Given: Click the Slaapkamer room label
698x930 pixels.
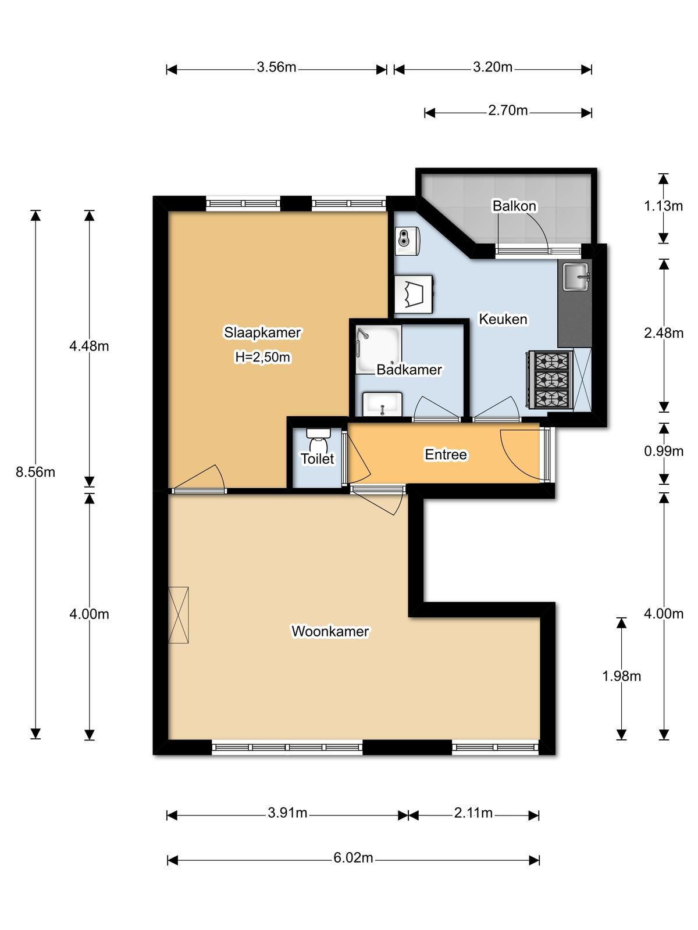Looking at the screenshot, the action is tap(262, 332).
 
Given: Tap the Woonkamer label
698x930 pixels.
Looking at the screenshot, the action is tap(330, 631).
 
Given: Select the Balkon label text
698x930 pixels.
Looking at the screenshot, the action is tap(515, 206).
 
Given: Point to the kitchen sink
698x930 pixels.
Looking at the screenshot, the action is tap(576, 277).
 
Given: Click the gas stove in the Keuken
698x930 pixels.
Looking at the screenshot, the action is tap(551, 380).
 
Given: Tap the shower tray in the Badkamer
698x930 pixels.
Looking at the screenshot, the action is tap(378, 350).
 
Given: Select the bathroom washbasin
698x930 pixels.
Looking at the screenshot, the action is tap(382, 404).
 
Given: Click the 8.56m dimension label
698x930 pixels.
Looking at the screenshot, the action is tap(35, 472).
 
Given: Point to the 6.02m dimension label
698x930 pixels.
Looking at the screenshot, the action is tap(353, 858).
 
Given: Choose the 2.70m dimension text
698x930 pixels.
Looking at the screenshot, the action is tap(508, 110).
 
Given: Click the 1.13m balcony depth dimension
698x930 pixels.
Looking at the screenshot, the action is tap(663, 206).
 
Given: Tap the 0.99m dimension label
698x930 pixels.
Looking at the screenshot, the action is tap(664, 451).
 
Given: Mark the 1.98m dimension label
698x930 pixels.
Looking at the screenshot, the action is tap(621, 676).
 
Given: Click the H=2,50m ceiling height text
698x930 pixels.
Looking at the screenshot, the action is tap(263, 357).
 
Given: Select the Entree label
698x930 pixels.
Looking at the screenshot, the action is tap(446, 455).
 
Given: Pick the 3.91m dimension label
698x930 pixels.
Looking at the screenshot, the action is tap(287, 813).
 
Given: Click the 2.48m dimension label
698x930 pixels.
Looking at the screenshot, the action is tap(664, 334).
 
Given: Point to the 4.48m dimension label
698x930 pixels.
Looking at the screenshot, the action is tap(89, 346).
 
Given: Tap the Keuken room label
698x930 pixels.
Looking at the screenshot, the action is tap(503, 319).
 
